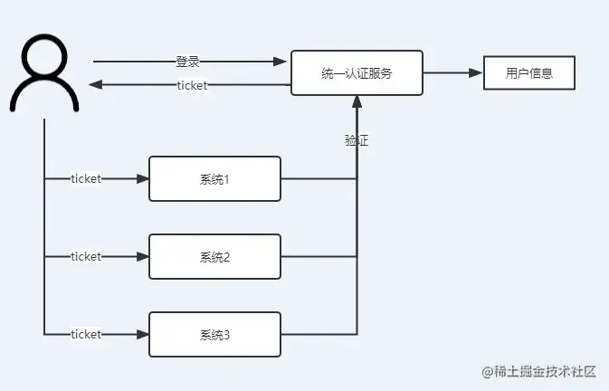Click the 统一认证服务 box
click(x=357, y=72)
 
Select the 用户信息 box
click(x=529, y=72)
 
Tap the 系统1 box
click(x=214, y=179)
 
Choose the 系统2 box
click(x=214, y=257)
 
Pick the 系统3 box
click(x=214, y=335)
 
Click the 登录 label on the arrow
click(x=187, y=62)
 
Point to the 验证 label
click(x=357, y=140)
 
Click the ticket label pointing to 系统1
click(x=86, y=179)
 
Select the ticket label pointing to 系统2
click(x=86, y=257)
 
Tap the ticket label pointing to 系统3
click(x=86, y=335)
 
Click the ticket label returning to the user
click(x=192, y=86)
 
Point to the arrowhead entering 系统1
click(x=142, y=179)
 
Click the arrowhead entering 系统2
click(x=142, y=257)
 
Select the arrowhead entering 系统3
click(x=142, y=335)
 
